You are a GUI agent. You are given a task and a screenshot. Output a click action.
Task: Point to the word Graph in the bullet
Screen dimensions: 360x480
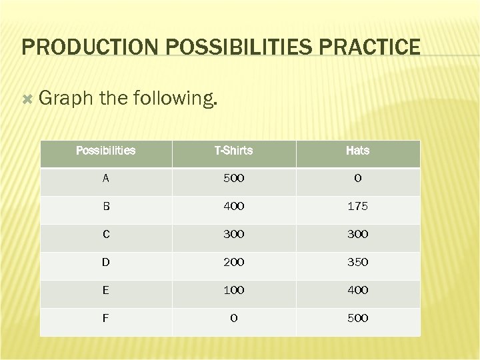click(x=65, y=99)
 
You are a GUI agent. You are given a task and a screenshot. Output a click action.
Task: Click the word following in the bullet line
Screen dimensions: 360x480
click(x=175, y=99)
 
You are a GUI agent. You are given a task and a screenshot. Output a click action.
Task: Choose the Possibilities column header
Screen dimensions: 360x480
click(x=105, y=151)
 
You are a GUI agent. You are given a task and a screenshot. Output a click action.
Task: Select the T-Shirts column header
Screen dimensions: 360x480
click(x=233, y=151)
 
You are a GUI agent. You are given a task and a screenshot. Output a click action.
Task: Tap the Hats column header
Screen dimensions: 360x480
click(x=357, y=151)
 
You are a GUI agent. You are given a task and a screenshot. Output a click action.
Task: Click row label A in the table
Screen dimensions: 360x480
click(x=105, y=179)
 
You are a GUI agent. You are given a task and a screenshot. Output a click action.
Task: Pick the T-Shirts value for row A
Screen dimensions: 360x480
click(x=233, y=179)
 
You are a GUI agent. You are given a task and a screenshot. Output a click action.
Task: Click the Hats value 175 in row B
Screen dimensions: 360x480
click(x=357, y=207)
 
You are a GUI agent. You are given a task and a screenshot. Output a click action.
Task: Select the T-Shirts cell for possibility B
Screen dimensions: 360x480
click(x=233, y=207)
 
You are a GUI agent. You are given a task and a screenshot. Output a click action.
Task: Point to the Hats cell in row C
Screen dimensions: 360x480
click(x=357, y=235)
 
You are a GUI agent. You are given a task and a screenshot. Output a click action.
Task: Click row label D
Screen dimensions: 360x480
click(x=105, y=263)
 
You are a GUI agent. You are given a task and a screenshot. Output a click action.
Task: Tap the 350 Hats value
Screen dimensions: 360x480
click(x=357, y=263)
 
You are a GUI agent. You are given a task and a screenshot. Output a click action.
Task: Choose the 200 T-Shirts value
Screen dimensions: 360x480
click(x=233, y=263)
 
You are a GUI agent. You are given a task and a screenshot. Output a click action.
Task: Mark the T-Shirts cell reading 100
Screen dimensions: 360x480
click(x=233, y=291)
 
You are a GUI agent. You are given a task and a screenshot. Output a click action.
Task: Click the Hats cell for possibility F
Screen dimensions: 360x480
click(x=357, y=319)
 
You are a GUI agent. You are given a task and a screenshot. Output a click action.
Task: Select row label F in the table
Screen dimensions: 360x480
click(x=105, y=319)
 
